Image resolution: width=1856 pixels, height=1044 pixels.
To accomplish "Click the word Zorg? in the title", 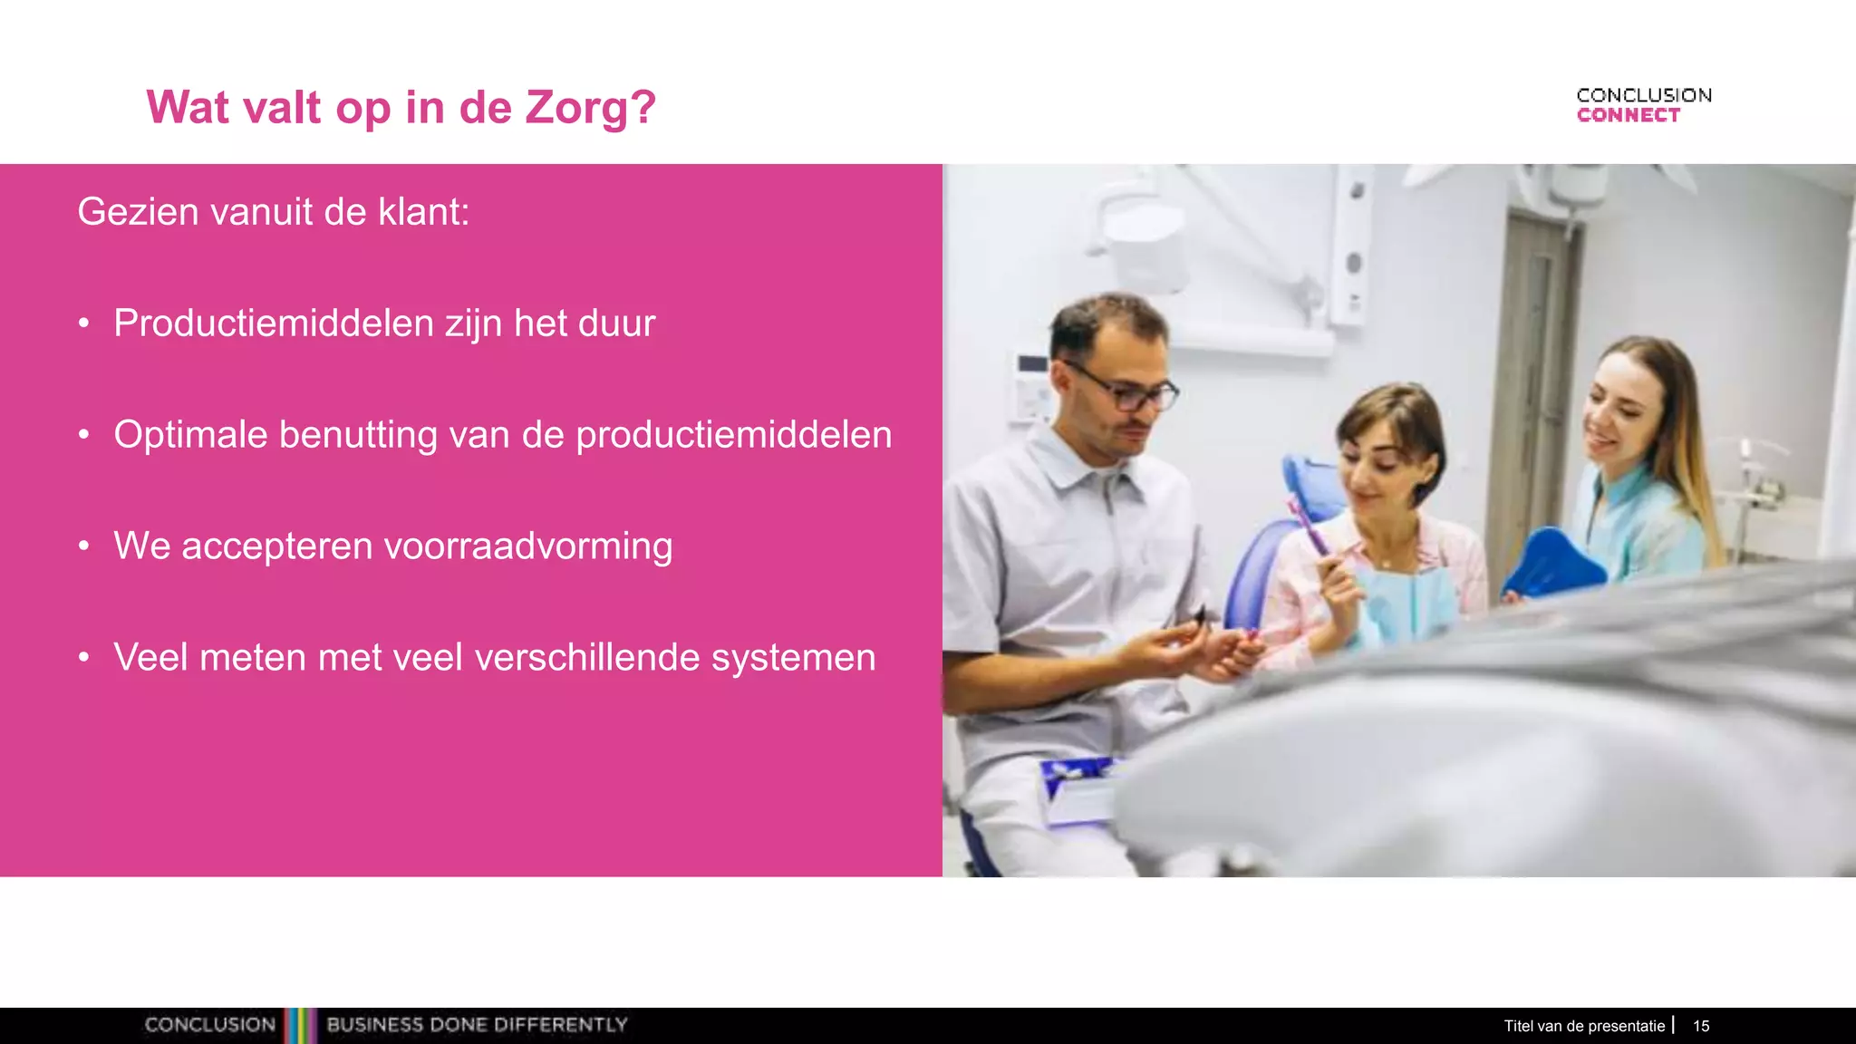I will (x=591, y=108).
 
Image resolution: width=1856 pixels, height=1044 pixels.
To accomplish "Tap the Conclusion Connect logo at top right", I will (x=1643, y=105).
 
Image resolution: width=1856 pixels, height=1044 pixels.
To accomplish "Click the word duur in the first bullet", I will (x=617, y=324).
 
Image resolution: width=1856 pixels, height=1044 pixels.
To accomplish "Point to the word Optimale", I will (x=190, y=435).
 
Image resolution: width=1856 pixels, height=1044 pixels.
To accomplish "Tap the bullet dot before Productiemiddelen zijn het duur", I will (x=84, y=324).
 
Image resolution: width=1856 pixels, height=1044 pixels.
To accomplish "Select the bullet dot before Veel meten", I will (x=84, y=658).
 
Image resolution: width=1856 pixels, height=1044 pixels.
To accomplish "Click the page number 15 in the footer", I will (x=1701, y=1026).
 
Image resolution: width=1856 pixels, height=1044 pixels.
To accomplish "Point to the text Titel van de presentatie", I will (x=1584, y=1026).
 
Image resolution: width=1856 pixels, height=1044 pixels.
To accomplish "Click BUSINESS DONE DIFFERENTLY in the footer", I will (x=477, y=1025).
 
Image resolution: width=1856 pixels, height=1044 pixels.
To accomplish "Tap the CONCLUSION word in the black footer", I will (x=209, y=1025).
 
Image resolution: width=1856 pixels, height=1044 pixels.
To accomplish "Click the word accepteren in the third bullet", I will (x=276, y=546).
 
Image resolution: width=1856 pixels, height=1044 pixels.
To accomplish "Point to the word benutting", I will (x=358, y=435).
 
